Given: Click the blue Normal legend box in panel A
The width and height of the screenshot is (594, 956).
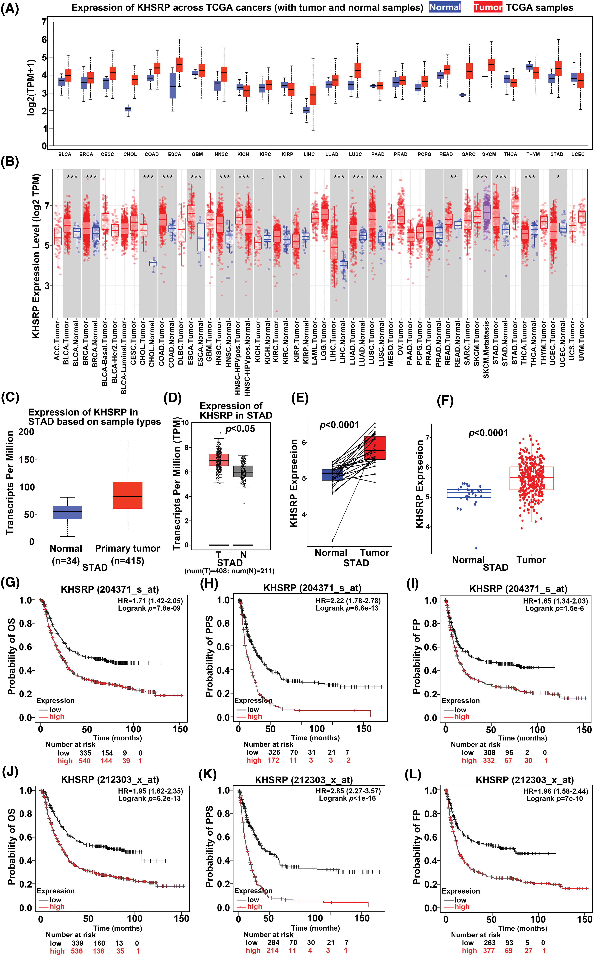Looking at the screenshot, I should click(x=445, y=8).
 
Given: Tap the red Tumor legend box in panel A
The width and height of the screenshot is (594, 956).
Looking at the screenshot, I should click(x=488, y=8).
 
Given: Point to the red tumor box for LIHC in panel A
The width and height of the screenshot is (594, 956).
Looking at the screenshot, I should click(x=313, y=96).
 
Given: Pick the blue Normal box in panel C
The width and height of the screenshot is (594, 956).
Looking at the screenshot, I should click(x=67, y=512).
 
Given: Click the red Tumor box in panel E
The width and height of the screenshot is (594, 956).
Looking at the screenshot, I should click(x=375, y=448).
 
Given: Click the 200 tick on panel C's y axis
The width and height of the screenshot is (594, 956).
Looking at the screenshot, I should click(x=26, y=432).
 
